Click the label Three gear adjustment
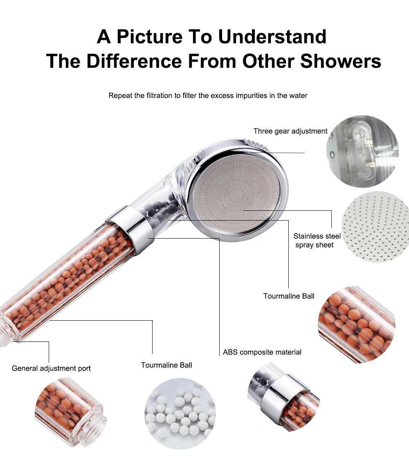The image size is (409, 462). coord(290,131)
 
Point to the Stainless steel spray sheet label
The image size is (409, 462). coord(317,241)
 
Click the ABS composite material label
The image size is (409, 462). coord(262,352)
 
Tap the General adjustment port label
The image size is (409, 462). coord(51,368)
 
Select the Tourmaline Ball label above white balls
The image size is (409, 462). coord(166,365)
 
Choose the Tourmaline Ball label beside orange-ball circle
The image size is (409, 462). coord(289,296)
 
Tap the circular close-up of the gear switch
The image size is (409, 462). coord(362,151)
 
